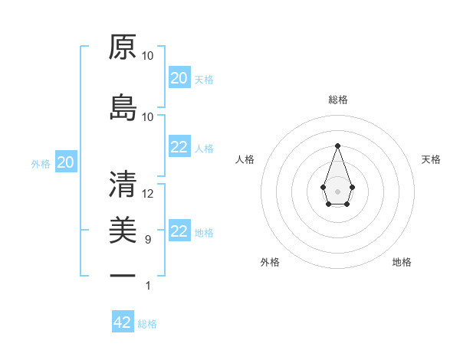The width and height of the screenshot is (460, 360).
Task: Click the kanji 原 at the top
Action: [x=123, y=47]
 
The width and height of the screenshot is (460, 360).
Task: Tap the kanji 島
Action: [x=123, y=108]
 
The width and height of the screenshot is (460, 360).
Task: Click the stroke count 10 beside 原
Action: [x=148, y=56]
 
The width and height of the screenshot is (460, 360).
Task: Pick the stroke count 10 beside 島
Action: [x=148, y=117]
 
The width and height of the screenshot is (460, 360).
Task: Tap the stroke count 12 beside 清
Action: [x=148, y=193]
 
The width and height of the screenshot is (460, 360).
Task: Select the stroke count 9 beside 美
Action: [x=148, y=240]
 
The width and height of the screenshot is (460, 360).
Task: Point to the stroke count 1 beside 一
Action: [x=149, y=286]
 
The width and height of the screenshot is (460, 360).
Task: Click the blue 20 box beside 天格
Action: [x=179, y=78]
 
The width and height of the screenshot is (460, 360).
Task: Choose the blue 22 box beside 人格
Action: [x=179, y=148]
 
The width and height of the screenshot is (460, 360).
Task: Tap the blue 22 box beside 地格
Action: [x=179, y=231]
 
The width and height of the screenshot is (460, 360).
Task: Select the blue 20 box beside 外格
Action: [x=66, y=162]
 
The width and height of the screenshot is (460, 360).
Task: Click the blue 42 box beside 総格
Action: [x=123, y=322]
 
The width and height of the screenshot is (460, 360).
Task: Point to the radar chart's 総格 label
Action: [x=338, y=100]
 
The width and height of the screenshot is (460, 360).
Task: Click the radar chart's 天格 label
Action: [x=431, y=159]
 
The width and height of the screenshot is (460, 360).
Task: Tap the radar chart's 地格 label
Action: [x=402, y=263]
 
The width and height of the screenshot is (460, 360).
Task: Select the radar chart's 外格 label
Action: [x=270, y=263]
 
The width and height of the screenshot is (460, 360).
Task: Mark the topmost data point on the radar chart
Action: [x=337, y=146]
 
